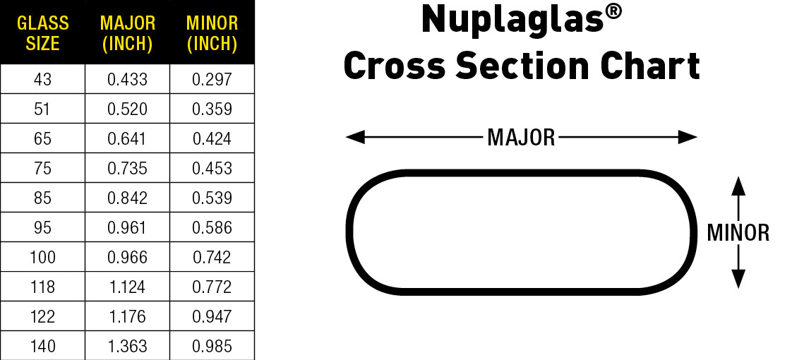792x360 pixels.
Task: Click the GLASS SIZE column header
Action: click(x=42, y=33)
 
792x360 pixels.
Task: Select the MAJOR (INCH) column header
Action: click(x=127, y=33)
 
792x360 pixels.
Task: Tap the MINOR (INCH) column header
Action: click(x=212, y=33)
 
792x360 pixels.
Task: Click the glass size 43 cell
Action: click(x=42, y=80)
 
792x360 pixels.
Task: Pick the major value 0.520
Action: click(x=127, y=109)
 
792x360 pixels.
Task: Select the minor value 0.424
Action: click(x=212, y=139)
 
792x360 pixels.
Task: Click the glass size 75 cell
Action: click(x=42, y=169)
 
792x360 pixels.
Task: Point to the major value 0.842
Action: click(x=127, y=198)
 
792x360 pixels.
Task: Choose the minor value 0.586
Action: click(x=212, y=228)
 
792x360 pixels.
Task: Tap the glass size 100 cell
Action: click(x=42, y=258)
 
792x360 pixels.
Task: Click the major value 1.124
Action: click(x=127, y=287)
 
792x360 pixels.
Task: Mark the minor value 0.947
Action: click(x=212, y=317)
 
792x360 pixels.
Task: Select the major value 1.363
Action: click(x=127, y=347)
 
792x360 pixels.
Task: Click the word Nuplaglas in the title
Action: click(x=512, y=20)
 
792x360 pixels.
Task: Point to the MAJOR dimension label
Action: click(x=521, y=138)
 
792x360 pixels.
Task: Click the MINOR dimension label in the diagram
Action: click(x=738, y=233)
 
